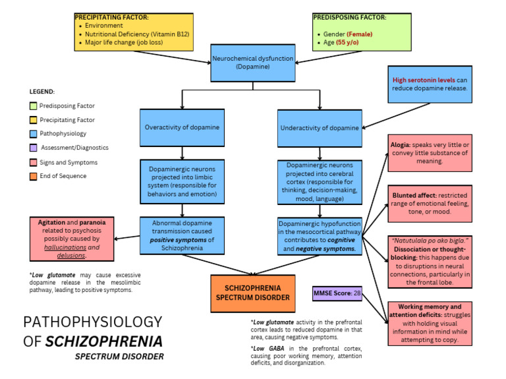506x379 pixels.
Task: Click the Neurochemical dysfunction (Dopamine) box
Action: pyautogui.click(x=253, y=63)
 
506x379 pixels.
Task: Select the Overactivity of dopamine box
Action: pyautogui.click(x=181, y=127)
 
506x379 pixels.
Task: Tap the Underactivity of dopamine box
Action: pyautogui.click(x=319, y=128)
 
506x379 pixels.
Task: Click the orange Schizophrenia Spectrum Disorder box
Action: pyautogui.click(x=253, y=293)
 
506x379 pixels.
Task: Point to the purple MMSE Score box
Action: pyautogui.click(x=337, y=292)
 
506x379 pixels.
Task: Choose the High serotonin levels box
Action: pyautogui.click(x=430, y=84)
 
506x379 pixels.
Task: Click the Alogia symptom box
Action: pyautogui.click(x=430, y=152)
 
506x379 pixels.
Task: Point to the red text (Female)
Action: pyautogui.click(x=360, y=34)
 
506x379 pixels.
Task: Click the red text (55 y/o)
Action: pyautogui.click(x=351, y=42)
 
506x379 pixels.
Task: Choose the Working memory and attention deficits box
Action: pyautogui.click(x=430, y=324)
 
